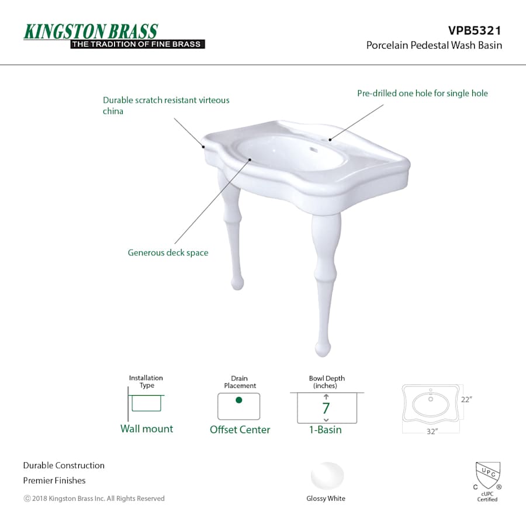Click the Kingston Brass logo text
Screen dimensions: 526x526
pos(91,32)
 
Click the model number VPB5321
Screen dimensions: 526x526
pos(475,30)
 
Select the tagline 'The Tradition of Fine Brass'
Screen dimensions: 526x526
pos(137,44)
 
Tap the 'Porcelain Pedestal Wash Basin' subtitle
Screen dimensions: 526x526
pos(434,45)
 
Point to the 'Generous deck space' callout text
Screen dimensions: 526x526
pos(168,252)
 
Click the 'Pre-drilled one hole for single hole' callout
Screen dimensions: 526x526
pos(423,94)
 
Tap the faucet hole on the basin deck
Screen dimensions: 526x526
pos(330,140)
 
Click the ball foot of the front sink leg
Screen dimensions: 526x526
pos(323,349)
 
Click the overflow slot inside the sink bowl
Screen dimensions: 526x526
pos(314,150)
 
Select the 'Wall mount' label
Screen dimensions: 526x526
pos(147,429)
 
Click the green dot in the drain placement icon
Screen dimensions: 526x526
pos(239,400)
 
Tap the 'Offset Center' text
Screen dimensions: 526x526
pos(240,430)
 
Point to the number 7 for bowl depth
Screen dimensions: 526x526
pos(326,409)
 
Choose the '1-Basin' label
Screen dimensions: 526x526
pos(326,430)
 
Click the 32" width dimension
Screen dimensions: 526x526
pos(432,431)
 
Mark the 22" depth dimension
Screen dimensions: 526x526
pos(466,400)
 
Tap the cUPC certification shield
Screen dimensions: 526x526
pos(488,476)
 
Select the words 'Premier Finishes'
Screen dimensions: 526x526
pos(54,480)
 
